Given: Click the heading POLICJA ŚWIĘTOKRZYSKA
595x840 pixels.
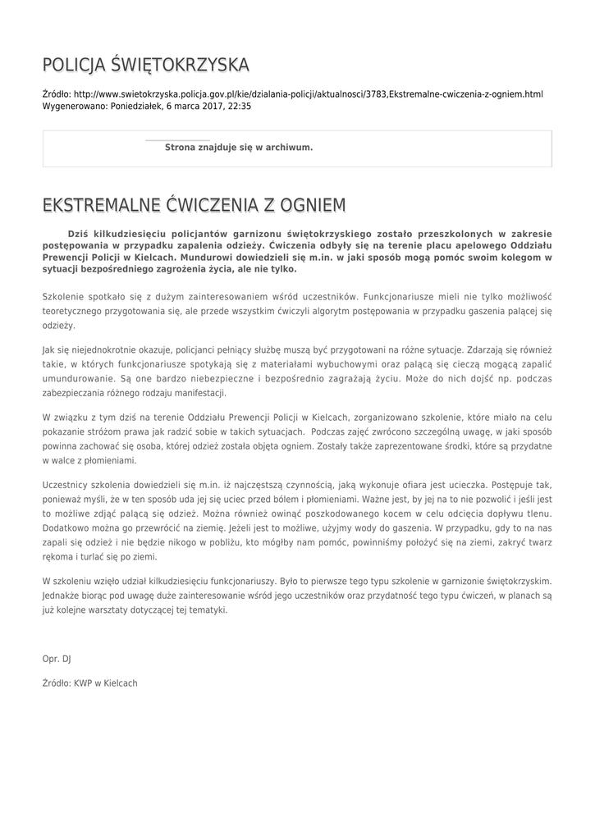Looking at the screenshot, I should click(x=146, y=65).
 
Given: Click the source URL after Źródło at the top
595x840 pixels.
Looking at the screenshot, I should click(x=308, y=94).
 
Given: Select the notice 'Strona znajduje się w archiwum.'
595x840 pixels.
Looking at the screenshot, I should click(x=239, y=148).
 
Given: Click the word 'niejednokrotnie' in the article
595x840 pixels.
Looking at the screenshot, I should click(x=101, y=349).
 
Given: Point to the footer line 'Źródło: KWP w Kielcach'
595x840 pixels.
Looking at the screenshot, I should click(x=90, y=682).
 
